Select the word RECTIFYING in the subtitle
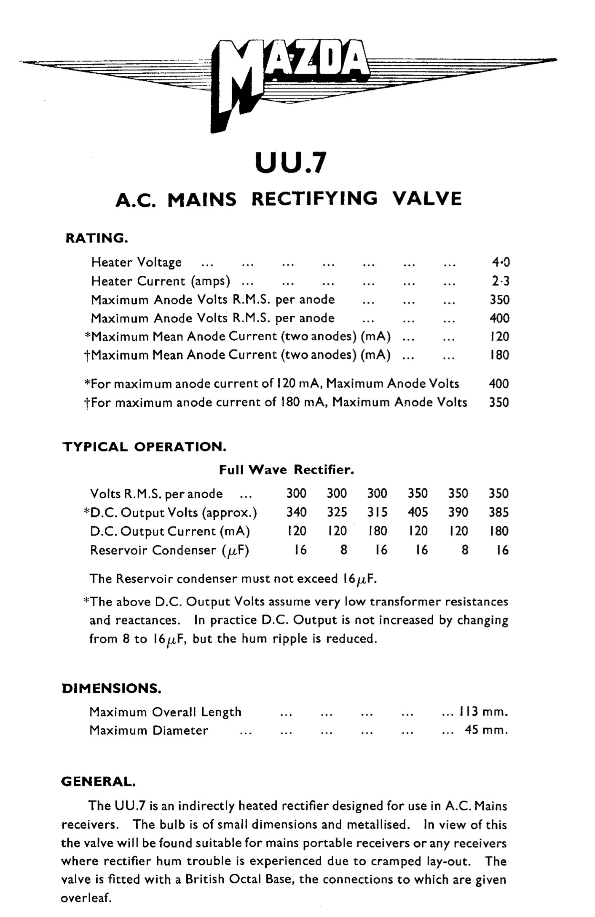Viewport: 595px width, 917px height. pos(314,198)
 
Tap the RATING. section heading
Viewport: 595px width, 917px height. pos(96,238)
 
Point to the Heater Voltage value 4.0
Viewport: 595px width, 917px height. pos(500,262)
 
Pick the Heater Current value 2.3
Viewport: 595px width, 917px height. pos(500,281)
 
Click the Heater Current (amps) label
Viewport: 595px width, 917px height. pos(161,281)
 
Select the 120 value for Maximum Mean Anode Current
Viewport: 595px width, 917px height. pos(500,336)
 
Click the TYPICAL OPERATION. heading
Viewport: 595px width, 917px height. pos(145,447)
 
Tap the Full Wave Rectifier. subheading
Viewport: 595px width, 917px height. pos(287,469)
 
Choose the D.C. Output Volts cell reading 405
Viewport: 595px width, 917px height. pos(418,512)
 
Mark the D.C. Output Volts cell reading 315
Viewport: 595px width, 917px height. pos(377,512)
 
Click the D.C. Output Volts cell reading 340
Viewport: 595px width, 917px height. pos(297,512)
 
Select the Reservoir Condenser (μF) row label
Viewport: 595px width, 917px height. pos(169,550)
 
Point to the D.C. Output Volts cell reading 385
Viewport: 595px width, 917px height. pos(499,512)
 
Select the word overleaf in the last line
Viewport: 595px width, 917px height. pos(86,898)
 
